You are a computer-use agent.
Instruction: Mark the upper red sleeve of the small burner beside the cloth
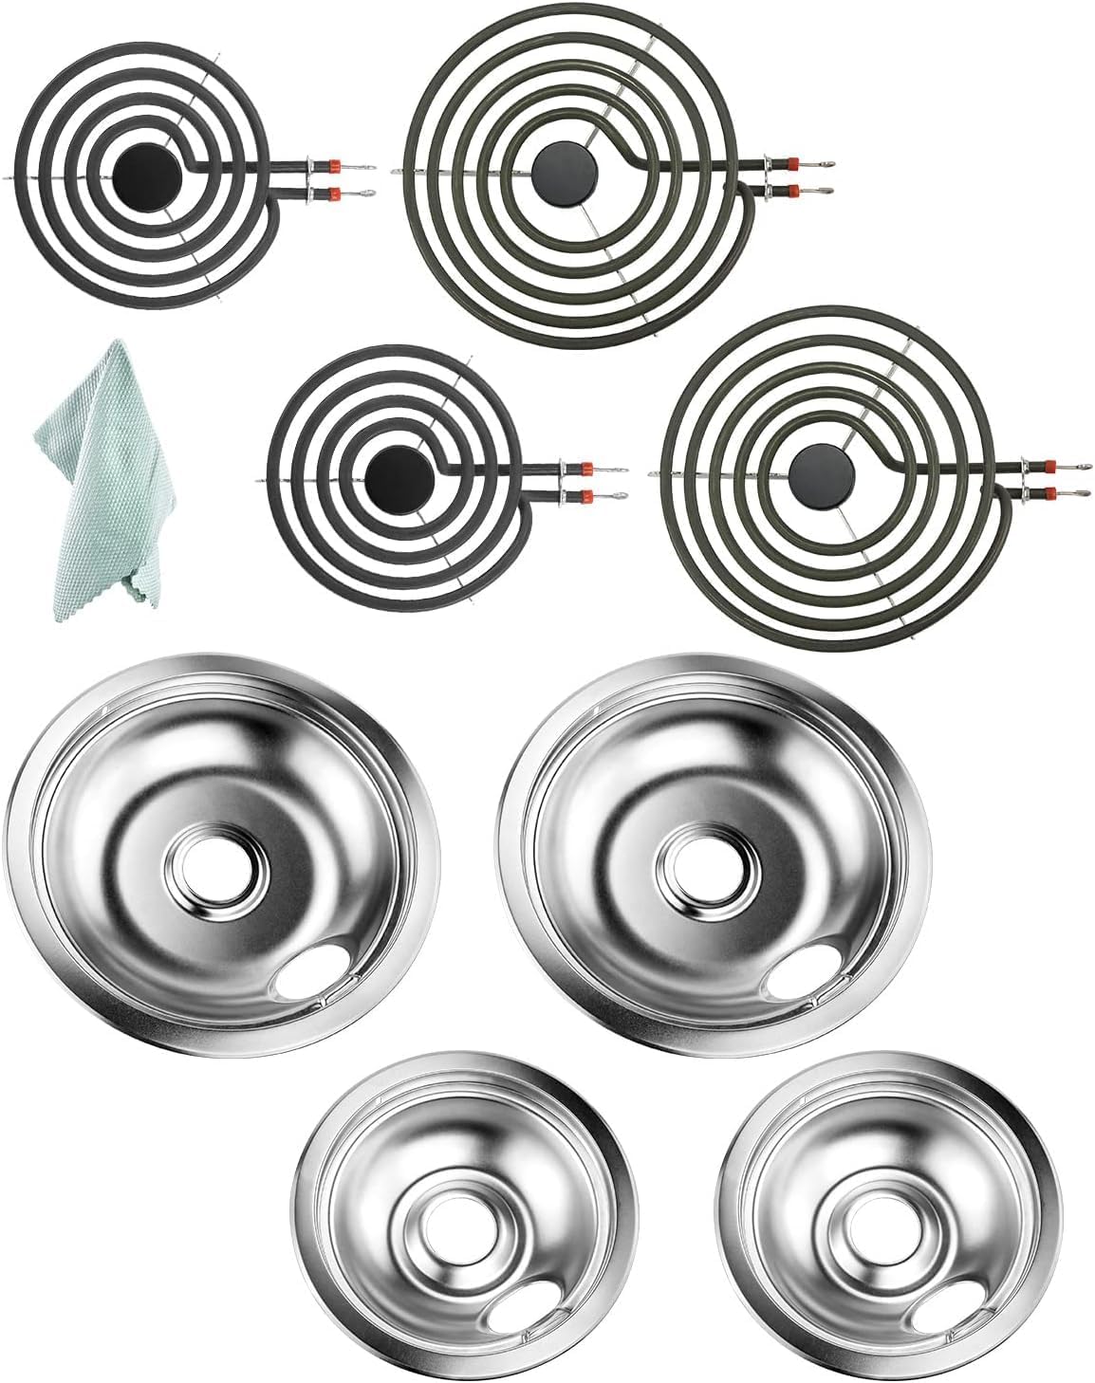[585, 468]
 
